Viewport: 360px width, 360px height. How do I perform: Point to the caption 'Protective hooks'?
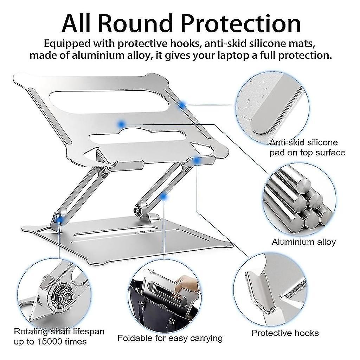pyautogui.click(x=285, y=333)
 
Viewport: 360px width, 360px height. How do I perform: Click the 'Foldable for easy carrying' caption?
pyautogui.click(x=170, y=338)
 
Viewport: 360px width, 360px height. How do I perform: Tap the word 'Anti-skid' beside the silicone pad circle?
pyautogui.click(x=286, y=142)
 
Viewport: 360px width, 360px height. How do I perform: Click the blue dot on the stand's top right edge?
pyautogui.click(x=182, y=104)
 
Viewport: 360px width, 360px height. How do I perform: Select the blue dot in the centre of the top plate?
pyautogui.click(x=122, y=123)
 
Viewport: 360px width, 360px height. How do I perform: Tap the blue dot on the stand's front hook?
pyautogui.click(x=197, y=161)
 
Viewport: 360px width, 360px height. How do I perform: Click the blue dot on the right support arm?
pyautogui.click(x=163, y=197)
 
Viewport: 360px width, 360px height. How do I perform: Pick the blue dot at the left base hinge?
pyautogui.click(x=61, y=219)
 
